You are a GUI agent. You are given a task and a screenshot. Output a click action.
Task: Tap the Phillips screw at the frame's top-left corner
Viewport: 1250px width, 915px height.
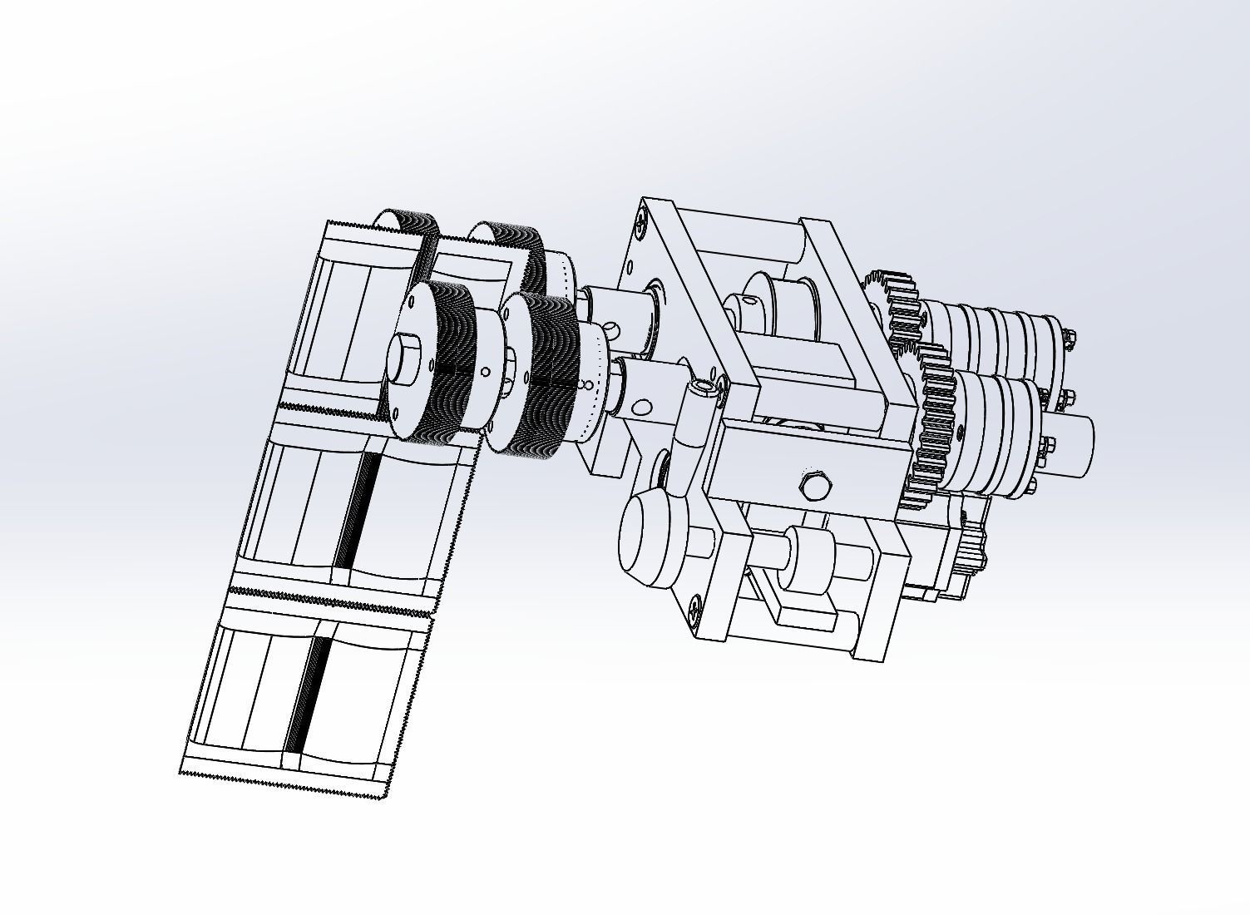point(642,222)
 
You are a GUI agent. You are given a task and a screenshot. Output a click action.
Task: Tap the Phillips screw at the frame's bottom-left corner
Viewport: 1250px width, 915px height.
point(694,611)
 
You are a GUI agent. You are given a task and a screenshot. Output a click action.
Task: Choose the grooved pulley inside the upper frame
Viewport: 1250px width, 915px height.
point(773,308)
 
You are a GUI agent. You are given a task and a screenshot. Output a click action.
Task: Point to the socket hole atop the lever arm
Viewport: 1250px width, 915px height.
point(705,387)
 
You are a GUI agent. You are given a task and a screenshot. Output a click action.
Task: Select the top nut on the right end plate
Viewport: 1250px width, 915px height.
point(1070,338)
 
